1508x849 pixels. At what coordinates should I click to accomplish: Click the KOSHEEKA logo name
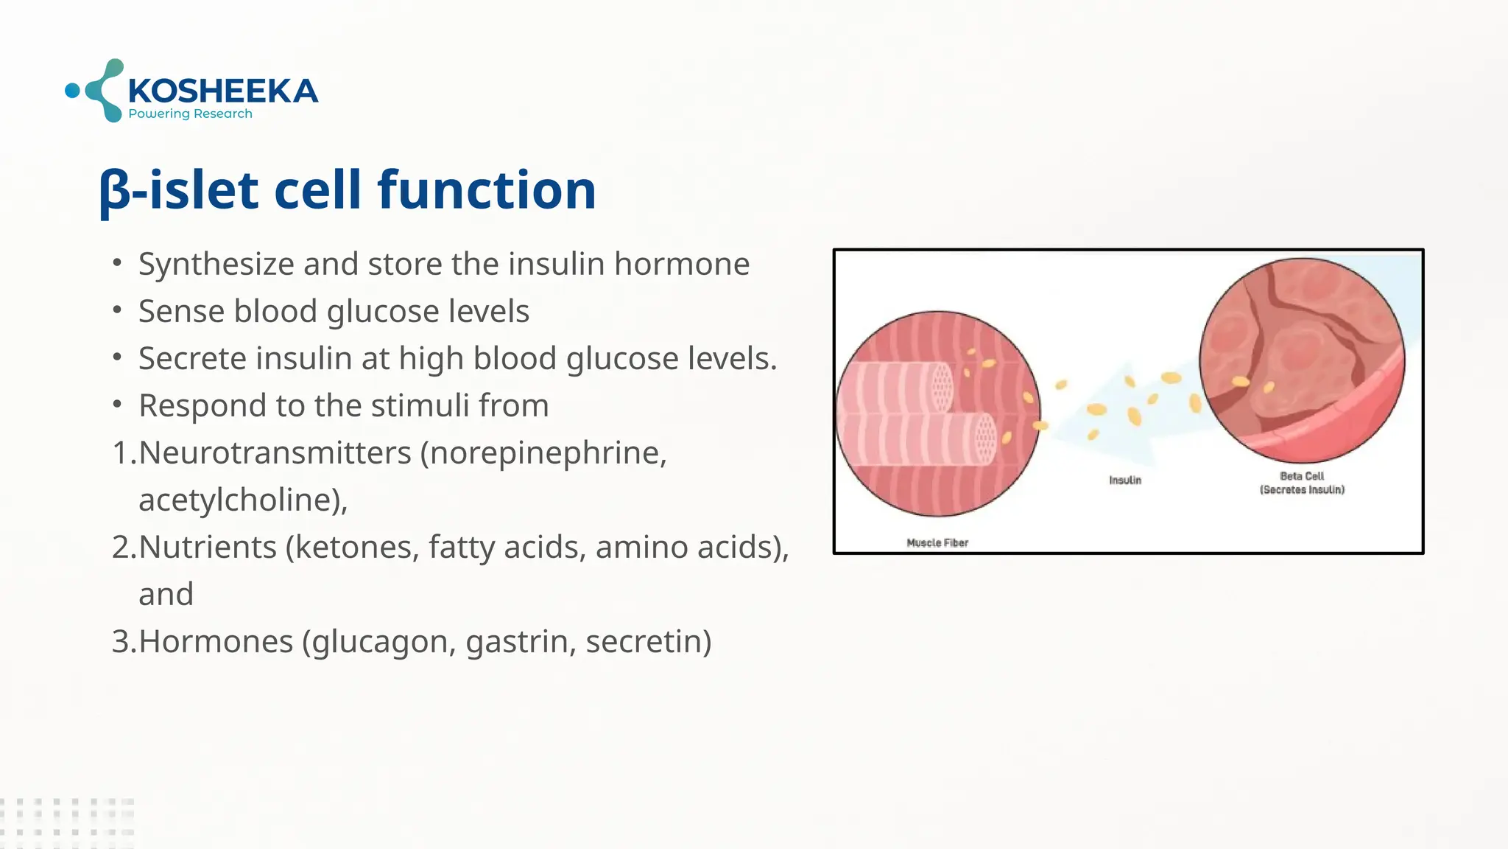[222, 91]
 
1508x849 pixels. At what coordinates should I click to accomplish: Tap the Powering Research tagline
[190, 113]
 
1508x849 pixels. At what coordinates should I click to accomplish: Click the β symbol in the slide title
[114, 191]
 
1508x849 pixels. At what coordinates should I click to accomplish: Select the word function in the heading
[486, 189]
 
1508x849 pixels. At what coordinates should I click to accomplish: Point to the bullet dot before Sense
[117, 310]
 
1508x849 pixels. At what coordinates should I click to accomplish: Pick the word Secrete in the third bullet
[193, 358]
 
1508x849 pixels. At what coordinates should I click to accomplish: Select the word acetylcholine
[238, 500]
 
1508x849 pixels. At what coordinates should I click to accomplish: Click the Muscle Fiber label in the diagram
[937, 542]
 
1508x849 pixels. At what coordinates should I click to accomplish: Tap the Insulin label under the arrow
[1124, 480]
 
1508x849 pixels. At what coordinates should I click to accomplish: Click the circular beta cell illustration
[1301, 361]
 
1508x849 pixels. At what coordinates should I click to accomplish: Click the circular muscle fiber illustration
[937, 413]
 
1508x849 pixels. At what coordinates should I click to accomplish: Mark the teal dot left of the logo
[72, 91]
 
